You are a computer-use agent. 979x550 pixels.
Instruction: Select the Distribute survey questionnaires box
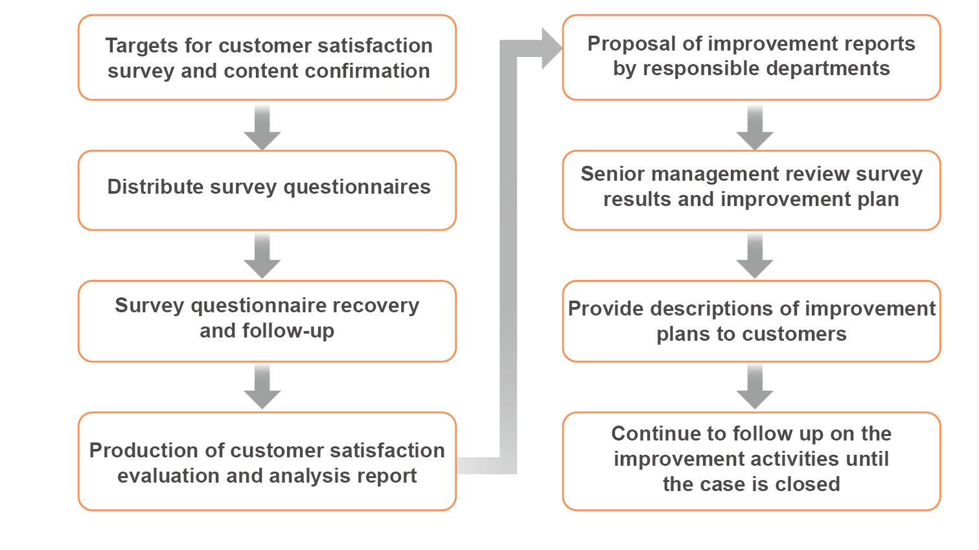coord(267,190)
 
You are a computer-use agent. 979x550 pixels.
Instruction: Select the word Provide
coord(606,308)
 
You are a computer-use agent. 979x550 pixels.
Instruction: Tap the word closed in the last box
coord(811,484)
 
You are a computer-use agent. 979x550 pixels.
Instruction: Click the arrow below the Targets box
coord(262,126)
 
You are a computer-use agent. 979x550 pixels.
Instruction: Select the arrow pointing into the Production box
coord(262,386)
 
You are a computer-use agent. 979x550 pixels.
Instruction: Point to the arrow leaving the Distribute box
coord(262,255)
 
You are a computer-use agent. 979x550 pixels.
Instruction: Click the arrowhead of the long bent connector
coord(551,48)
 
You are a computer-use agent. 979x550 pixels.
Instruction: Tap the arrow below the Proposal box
coord(754,126)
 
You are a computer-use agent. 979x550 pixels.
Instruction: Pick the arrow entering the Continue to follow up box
coord(754,386)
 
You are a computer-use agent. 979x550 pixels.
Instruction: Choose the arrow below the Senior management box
coord(754,255)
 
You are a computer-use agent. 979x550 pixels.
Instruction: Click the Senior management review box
coord(751,190)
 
